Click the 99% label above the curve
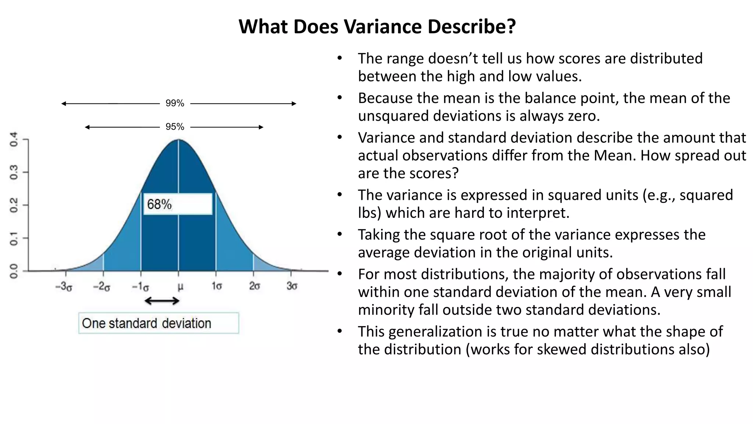[175, 103]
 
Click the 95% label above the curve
[175, 127]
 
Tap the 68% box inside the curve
[178, 204]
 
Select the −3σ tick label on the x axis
[64, 286]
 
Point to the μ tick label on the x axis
[180, 286]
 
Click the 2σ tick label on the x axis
[254, 286]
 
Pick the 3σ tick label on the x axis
[292, 286]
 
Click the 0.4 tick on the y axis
[14, 139]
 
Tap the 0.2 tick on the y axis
[14, 205]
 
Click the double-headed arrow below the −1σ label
[162, 301]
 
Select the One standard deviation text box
[158, 323]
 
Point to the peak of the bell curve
[179, 140]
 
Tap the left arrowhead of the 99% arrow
[63, 104]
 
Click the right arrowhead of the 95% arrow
[261, 127]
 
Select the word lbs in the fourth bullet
[368, 213]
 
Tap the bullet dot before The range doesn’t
[339, 58]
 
